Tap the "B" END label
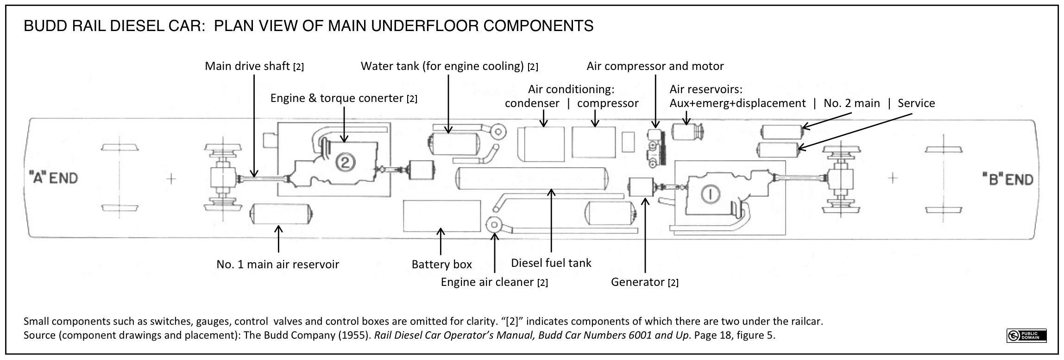[x=1007, y=179]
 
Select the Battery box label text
[x=441, y=265]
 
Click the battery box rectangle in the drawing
[x=441, y=215]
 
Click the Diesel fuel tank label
[x=551, y=263]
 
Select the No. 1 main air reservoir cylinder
[x=281, y=215]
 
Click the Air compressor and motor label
[x=655, y=66]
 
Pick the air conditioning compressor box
[x=593, y=142]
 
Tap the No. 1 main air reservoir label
[x=277, y=265]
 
